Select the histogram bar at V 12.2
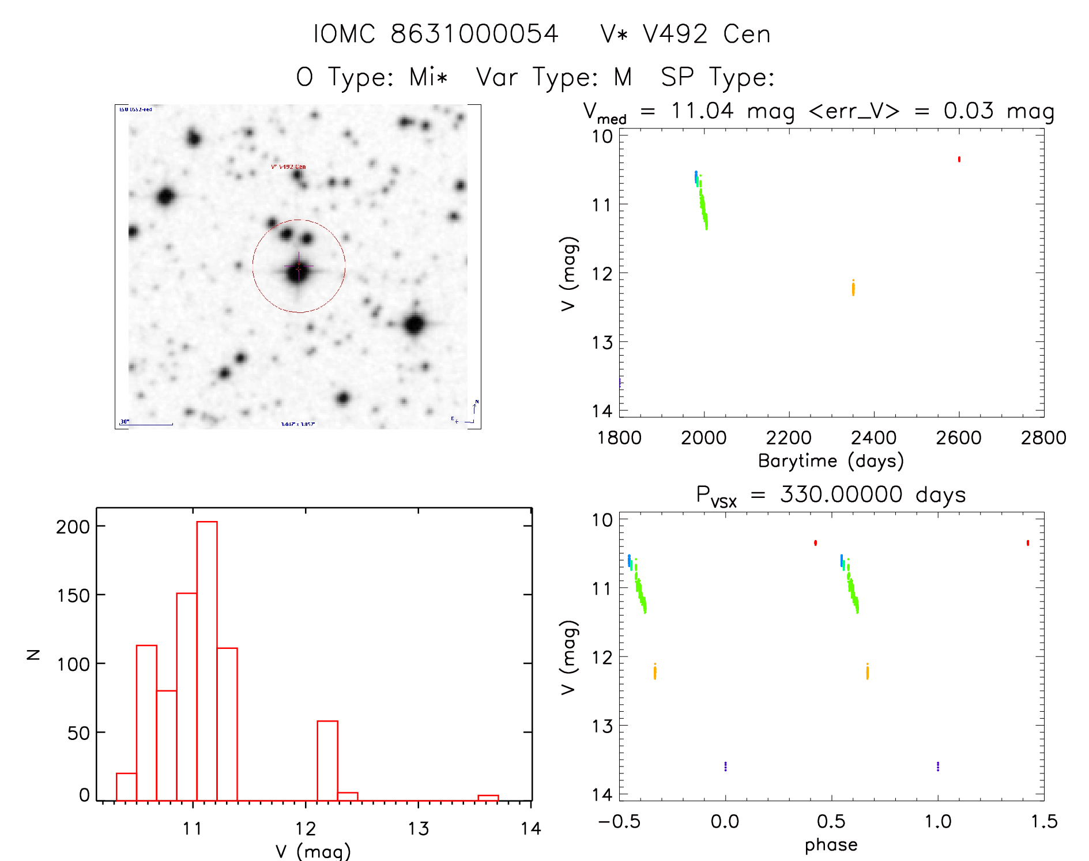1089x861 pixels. point(327,760)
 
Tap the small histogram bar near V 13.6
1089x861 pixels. point(488,798)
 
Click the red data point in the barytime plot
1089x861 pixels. point(959,159)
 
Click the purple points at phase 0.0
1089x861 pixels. point(725,766)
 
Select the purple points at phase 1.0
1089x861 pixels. point(938,766)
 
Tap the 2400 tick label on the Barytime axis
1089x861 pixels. point(873,438)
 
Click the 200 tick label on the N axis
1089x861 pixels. point(73,527)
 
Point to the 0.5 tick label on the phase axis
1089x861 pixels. point(831,821)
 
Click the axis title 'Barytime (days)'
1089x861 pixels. point(831,461)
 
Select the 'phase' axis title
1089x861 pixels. point(831,845)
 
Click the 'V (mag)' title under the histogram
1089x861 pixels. point(313,851)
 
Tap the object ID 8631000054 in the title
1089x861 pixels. point(474,34)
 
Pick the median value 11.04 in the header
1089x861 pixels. point(702,111)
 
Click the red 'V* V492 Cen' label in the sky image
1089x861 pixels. point(288,167)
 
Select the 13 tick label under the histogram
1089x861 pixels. point(419,829)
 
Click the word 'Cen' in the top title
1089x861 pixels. point(747,34)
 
